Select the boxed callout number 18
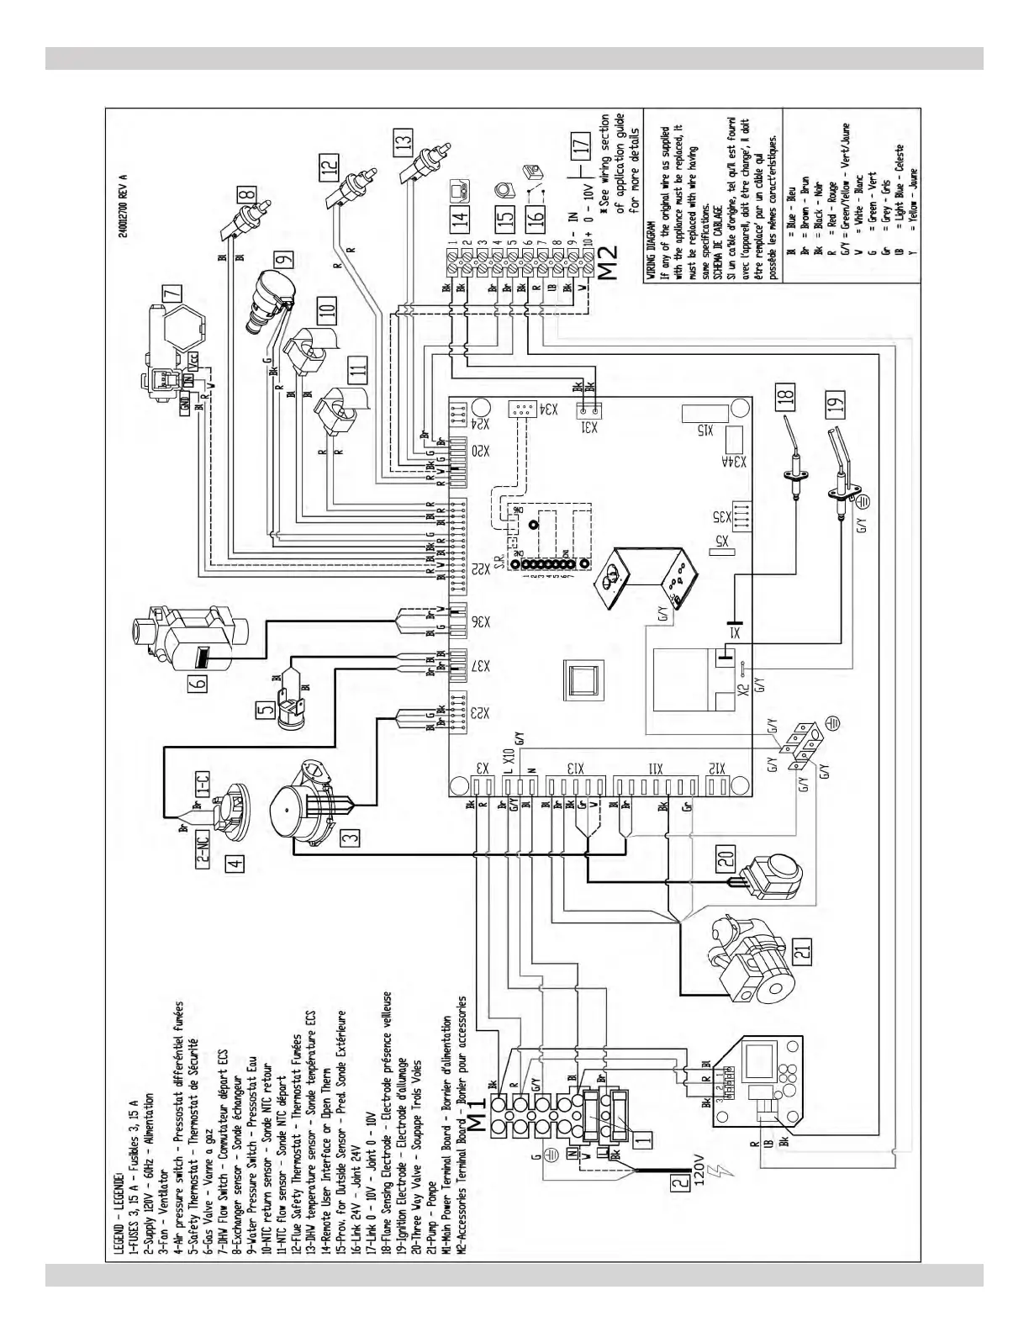(785, 395)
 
